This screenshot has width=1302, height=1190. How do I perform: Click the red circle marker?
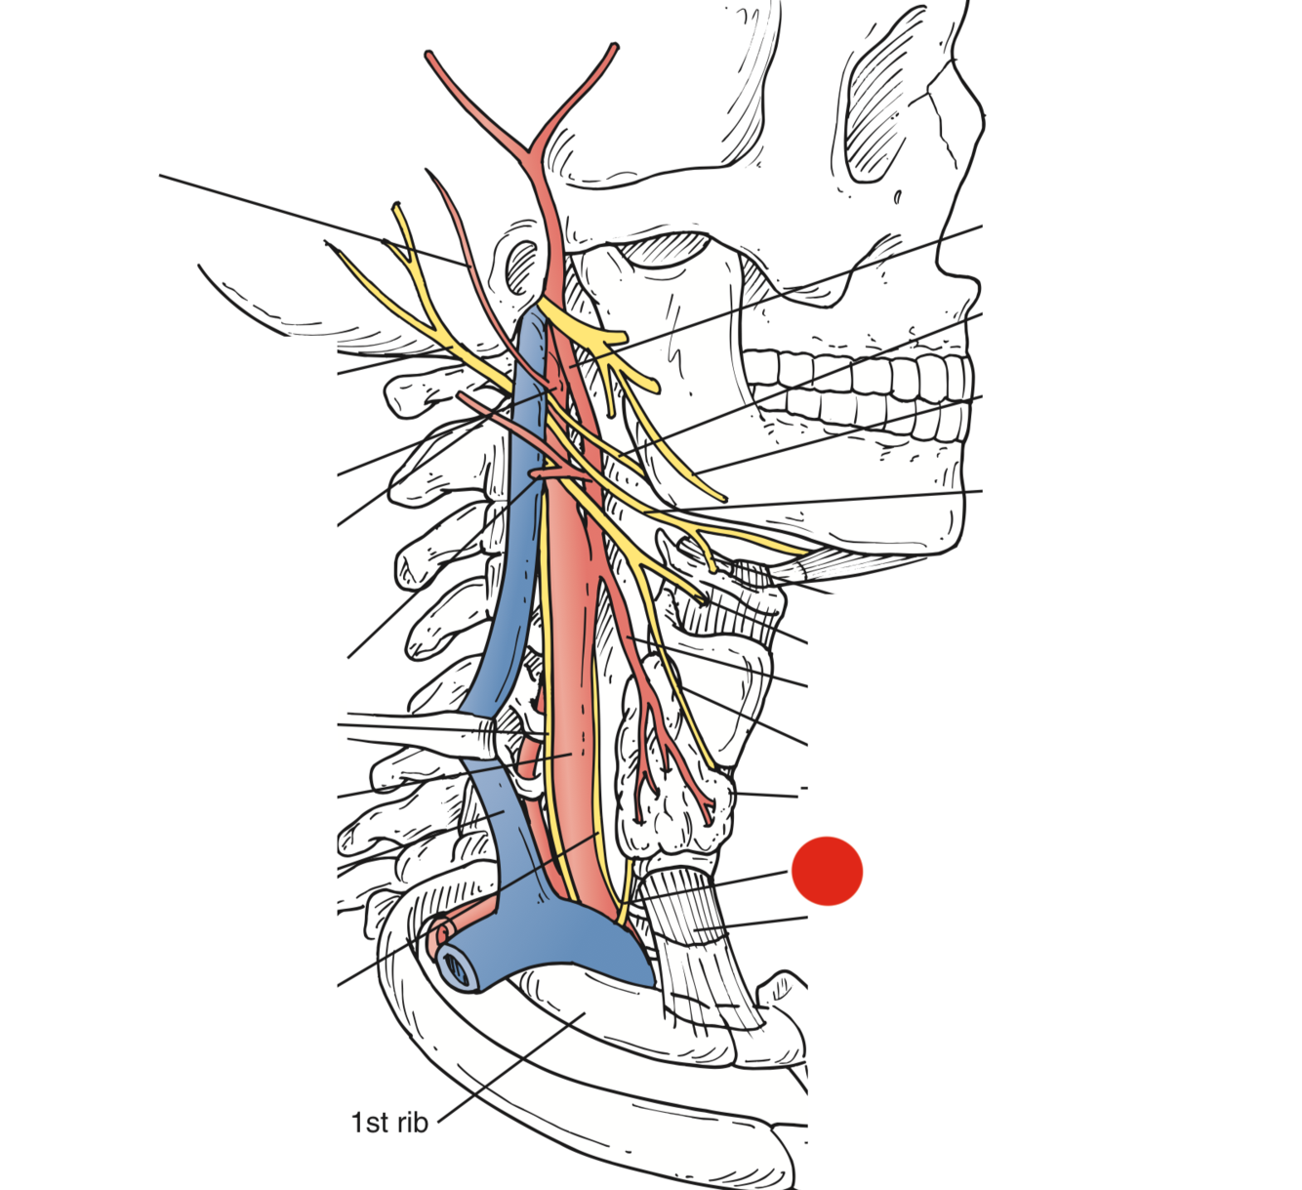(x=827, y=870)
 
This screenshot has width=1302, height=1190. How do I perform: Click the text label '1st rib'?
(x=389, y=1123)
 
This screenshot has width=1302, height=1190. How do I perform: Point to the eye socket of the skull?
(x=882, y=107)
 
